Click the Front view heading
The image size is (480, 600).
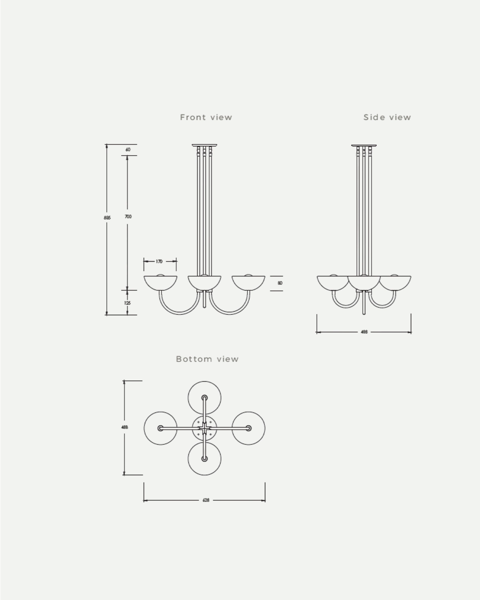(x=206, y=117)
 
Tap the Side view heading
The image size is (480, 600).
(x=387, y=117)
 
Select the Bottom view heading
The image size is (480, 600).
(x=207, y=359)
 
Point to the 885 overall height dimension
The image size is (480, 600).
(x=107, y=218)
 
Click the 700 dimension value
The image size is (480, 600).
(x=128, y=216)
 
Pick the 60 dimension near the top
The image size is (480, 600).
(x=128, y=150)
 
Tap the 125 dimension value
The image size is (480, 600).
(x=127, y=303)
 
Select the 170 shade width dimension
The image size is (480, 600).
(x=159, y=261)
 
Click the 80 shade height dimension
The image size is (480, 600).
(x=280, y=283)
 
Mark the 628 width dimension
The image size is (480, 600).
(x=206, y=500)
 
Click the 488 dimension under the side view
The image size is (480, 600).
(x=364, y=332)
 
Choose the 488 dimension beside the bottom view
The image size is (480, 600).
(x=124, y=427)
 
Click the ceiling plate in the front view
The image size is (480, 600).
(x=204, y=145)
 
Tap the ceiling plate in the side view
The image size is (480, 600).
(x=364, y=145)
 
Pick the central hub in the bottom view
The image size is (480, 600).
(x=204, y=428)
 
